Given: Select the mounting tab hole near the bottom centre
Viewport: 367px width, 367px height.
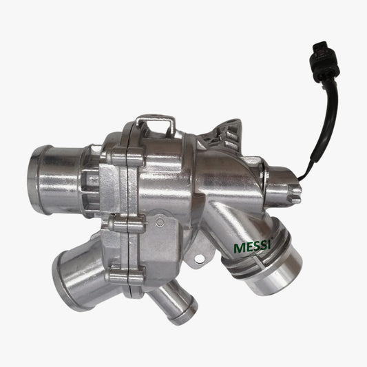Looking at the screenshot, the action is pos(199,259).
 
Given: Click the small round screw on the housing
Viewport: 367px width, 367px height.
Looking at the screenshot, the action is pos(160,221).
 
